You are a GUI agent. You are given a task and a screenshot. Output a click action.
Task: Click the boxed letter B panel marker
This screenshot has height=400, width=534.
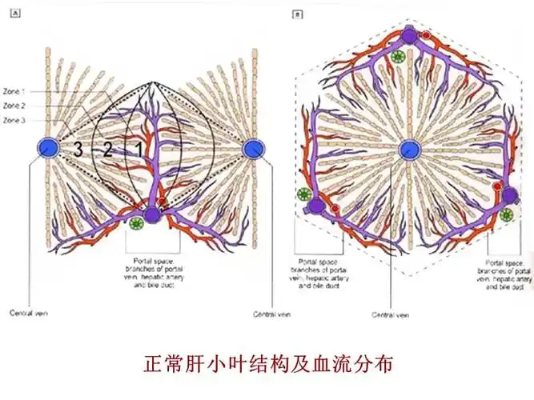click(298, 14)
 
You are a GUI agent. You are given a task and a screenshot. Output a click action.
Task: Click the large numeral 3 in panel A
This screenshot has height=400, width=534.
click(78, 149)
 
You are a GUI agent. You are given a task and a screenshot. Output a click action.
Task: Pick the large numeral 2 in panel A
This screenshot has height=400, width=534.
click(108, 149)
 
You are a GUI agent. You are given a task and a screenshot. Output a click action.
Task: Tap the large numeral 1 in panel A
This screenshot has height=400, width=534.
click(138, 149)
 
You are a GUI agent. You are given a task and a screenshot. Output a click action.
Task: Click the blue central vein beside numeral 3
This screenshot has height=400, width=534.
click(48, 147)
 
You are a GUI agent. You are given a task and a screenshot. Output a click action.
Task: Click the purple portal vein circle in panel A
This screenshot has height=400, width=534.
click(152, 214)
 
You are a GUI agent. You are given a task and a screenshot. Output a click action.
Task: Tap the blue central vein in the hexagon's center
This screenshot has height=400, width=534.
click(409, 148)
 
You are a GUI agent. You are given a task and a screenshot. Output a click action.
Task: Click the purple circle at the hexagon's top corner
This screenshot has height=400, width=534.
click(410, 35)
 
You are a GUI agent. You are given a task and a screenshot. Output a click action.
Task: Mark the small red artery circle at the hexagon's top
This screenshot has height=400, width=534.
click(427, 37)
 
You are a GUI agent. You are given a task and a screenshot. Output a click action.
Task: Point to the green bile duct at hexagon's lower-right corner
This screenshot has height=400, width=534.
click(506, 214)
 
